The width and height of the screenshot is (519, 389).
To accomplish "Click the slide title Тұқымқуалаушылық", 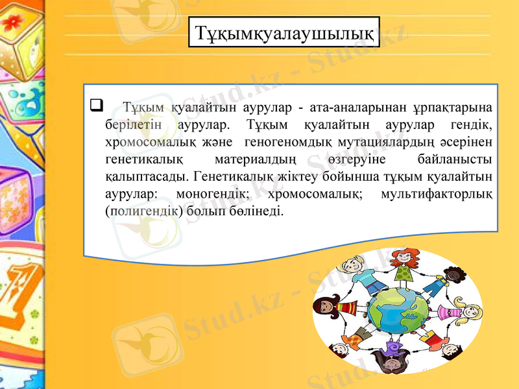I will click(284, 32).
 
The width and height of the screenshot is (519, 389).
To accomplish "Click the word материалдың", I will click(255, 158).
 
